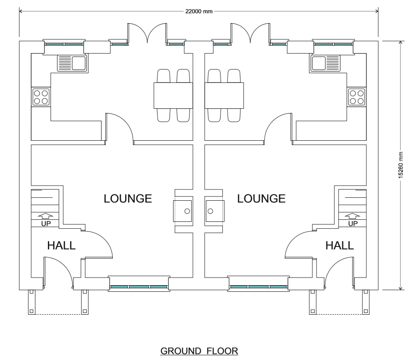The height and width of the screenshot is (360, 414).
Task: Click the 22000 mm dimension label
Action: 199,11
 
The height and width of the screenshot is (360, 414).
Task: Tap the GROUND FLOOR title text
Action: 199,352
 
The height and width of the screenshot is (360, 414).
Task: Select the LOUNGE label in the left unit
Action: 128,199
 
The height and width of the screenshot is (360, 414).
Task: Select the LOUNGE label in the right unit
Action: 262,199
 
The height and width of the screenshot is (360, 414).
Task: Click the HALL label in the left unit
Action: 61,246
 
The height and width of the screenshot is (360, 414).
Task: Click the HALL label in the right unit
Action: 339,246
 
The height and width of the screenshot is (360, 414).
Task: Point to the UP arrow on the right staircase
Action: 353,216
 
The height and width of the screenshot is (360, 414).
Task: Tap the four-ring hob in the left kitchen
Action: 41,97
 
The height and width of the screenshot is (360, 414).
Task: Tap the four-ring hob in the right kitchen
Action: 357,97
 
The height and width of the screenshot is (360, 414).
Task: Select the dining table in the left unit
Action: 173,95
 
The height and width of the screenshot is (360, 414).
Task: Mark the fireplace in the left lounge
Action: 183,212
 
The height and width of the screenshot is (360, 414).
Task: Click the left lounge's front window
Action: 138,286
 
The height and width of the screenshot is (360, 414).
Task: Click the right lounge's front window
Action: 258,286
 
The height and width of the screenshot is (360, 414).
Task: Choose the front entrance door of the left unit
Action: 57,272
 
